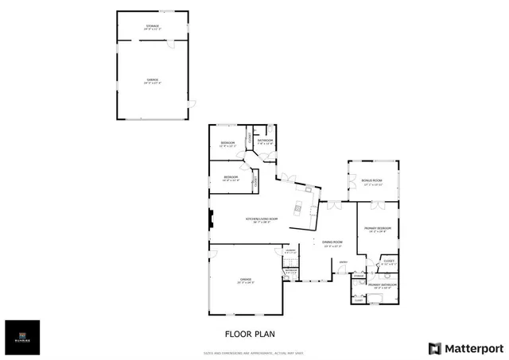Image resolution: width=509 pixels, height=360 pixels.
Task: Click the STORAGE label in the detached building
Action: pyautogui.click(x=152, y=28)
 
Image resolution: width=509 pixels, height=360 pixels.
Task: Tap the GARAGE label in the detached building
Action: pyautogui.click(x=152, y=80)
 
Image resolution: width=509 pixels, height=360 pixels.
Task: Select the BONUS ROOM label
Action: pyautogui.click(x=372, y=182)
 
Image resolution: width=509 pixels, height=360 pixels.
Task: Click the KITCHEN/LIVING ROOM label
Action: pyautogui.click(x=261, y=219)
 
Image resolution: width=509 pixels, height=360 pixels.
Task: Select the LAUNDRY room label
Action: pyautogui.click(x=290, y=253)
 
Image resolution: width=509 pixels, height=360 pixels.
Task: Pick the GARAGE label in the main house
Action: pyautogui.click(x=245, y=281)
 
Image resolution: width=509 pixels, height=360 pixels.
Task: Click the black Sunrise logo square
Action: pyautogui.click(x=22, y=337)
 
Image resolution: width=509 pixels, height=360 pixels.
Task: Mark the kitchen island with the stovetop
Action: pyautogui.click(x=298, y=209)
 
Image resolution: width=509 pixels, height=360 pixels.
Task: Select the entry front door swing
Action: pyautogui.click(x=339, y=272)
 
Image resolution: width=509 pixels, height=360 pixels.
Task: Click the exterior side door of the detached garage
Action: pyautogui.click(x=191, y=104)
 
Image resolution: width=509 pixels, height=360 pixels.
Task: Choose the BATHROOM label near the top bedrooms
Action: pyautogui.click(x=265, y=141)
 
